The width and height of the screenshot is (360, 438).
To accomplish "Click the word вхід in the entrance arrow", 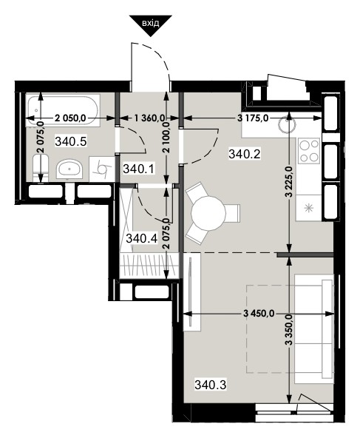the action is (x=150, y=23).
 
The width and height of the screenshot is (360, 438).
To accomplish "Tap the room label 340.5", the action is (x=71, y=141).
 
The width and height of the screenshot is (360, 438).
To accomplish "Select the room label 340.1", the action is (x=139, y=169).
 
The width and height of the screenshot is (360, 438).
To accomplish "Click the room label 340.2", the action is (x=245, y=154).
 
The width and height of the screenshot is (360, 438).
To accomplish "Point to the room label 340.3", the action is (x=211, y=385).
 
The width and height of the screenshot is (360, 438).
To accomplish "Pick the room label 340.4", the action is (x=142, y=238).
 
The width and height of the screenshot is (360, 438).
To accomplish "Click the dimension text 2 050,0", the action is (x=70, y=118).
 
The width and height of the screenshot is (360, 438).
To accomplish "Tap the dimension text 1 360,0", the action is (x=149, y=118).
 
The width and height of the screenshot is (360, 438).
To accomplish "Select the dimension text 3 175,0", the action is (x=253, y=118).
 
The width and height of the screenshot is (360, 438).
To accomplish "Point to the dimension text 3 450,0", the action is (x=259, y=314).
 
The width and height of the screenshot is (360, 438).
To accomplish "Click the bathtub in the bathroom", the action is (x=63, y=112).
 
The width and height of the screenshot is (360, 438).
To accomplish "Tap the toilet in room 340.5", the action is (x=41, y=169).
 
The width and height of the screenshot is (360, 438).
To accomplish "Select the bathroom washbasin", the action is (x=69, y=169).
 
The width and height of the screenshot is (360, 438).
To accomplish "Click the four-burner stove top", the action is (x=309, y=151).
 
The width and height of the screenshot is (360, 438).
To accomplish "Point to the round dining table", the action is (x=208, y=213).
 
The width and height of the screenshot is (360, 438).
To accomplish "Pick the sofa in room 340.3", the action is (x=314, y=328).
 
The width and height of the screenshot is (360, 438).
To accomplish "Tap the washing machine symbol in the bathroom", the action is (x=101, y=169).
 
